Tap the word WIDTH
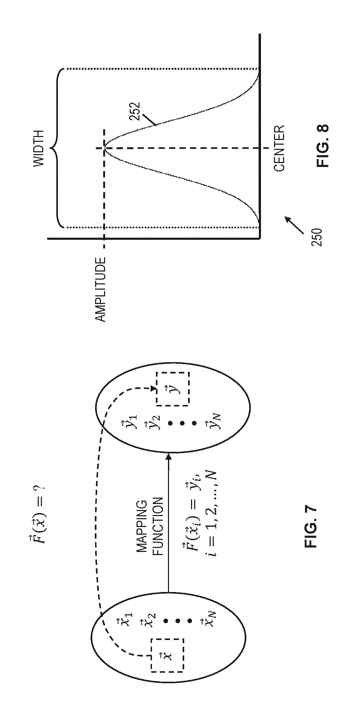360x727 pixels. (x=39, y=148)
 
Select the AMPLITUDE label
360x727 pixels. (x=100, y=289)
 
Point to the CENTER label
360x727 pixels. (x=279, y=148)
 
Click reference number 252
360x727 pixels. (x=135, y=111)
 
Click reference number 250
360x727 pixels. (x=317, y=237)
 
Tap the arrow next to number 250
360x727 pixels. (x=293, y=225)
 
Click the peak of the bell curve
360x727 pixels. (x=105, y=148)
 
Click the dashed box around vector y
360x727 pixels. (x=173, y=389)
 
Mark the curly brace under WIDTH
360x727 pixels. (x=57, y=148)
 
